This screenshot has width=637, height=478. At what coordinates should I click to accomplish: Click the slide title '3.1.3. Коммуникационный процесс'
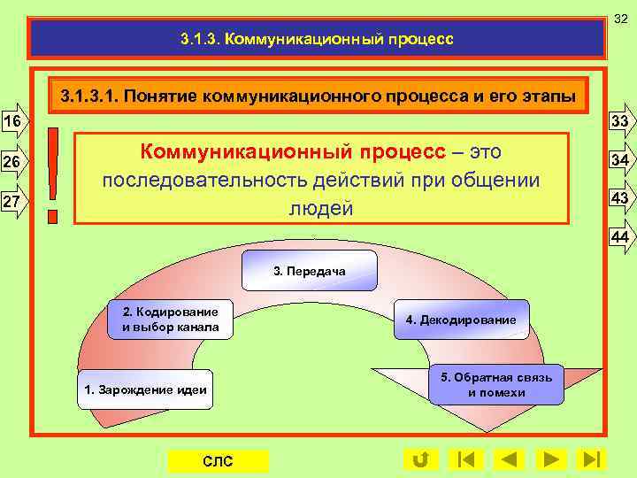316,39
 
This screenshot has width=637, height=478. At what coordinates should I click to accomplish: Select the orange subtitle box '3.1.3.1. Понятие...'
318,95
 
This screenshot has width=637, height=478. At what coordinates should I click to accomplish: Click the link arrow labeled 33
620,121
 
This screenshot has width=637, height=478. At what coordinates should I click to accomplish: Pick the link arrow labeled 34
620,160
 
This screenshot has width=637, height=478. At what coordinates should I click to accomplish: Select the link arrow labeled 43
620,199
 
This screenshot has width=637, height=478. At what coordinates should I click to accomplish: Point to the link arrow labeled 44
620,237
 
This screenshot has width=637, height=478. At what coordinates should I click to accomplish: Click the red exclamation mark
56,174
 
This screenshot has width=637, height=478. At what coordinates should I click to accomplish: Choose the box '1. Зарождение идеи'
145,389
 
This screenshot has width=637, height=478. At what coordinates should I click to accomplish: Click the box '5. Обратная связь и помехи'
496,385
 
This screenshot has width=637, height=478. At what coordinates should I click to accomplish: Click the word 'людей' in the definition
320,209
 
